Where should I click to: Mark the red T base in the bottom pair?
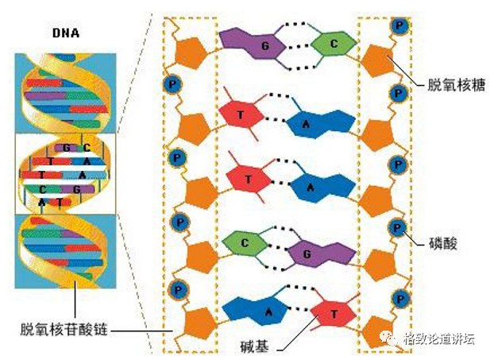pos(331,313)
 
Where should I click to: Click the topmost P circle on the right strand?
pos(398,26)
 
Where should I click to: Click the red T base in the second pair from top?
pos(242,116)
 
